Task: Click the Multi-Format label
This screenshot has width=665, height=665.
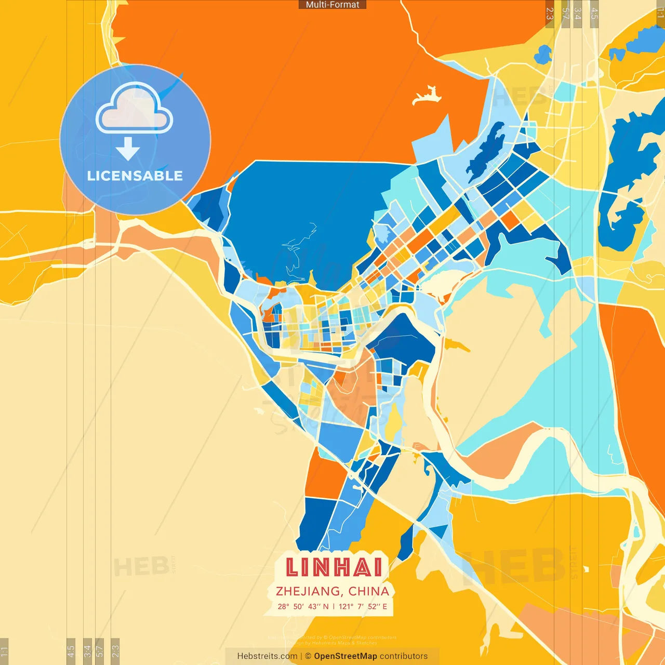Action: point(332,5)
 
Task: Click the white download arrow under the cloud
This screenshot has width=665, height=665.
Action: point(128,149)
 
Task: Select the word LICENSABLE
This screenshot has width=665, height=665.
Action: point(135,176)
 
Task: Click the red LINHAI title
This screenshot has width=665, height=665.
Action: point(334,567)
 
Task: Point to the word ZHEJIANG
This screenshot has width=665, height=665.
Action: point(309,591)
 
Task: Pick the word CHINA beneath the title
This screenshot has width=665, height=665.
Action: point(369,591)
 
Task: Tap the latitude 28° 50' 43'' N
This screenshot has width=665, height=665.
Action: point(303,606)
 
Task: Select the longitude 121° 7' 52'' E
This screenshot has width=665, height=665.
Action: point(363,606)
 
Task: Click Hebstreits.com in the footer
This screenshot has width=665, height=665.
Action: point(267,656)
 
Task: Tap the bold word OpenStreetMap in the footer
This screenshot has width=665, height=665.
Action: point(345,656)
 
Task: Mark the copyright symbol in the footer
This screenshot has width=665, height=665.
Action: point(308,656)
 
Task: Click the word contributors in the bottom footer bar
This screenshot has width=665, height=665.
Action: point(404,656)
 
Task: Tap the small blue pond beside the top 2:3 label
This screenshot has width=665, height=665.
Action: point(543,54)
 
